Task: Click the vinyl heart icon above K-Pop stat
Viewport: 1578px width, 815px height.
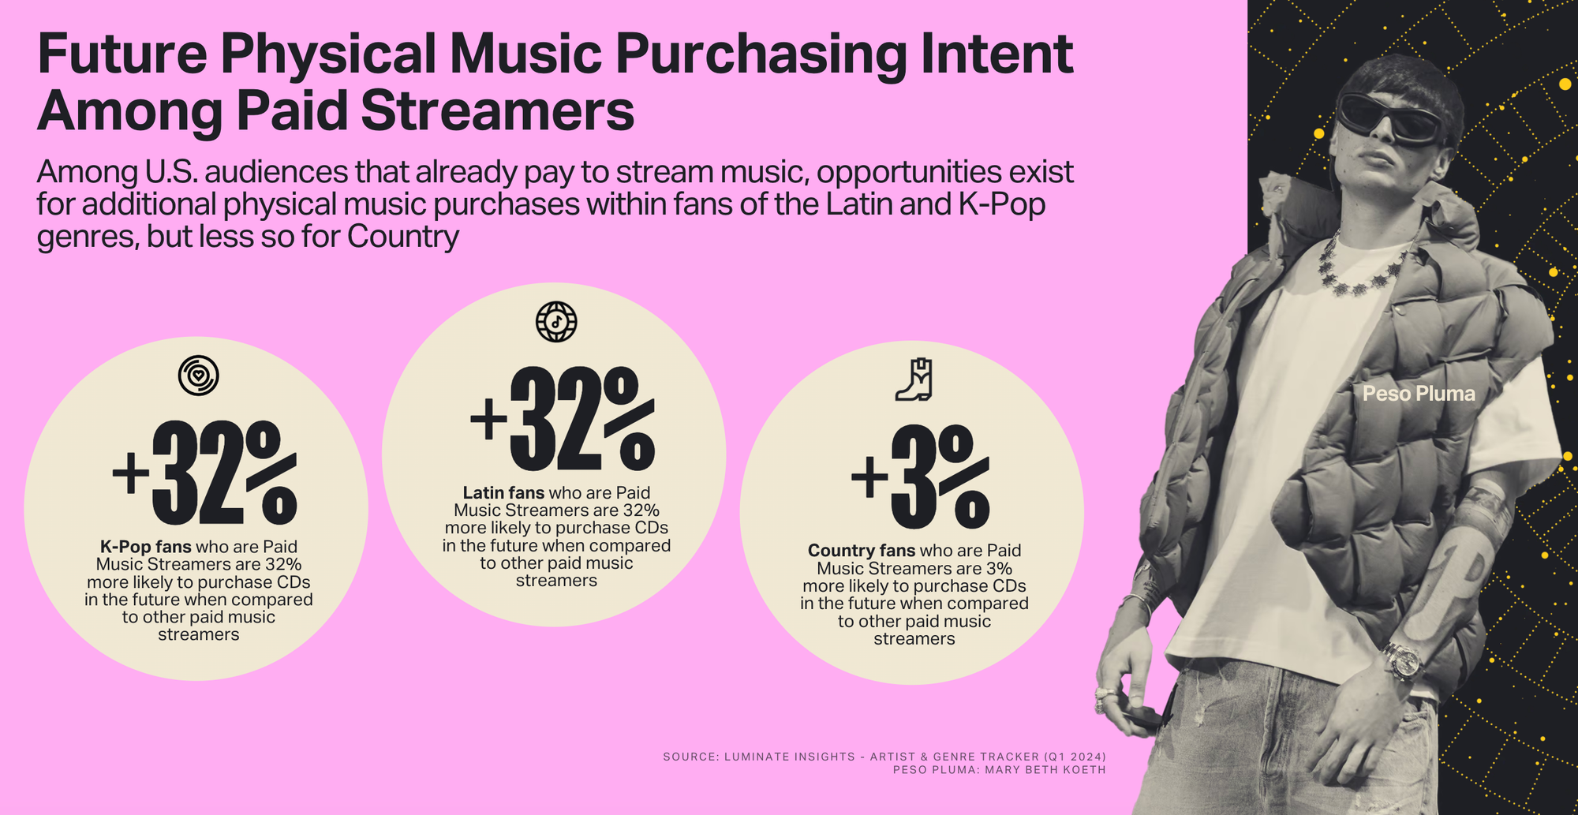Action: (198, 375)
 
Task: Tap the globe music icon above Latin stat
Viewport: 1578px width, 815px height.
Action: (556, 321)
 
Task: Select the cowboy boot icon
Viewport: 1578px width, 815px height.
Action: (914, 379)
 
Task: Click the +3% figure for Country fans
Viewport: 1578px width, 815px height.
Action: (920, 477)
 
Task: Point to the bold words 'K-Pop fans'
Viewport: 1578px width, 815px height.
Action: (145, 546)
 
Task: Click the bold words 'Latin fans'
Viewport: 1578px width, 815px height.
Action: (503, 492)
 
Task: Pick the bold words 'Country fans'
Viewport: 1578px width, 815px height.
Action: (862, 550)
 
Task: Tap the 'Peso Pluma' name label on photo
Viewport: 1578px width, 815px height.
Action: (1419, 393)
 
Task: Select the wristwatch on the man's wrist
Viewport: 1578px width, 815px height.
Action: (1403, 661)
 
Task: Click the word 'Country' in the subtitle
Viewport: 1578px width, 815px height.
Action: (402, 236)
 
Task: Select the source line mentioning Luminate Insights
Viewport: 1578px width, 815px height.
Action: (884, 757)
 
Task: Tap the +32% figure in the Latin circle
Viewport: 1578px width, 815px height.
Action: (562, 419)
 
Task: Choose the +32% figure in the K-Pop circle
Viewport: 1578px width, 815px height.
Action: (204, 473)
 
